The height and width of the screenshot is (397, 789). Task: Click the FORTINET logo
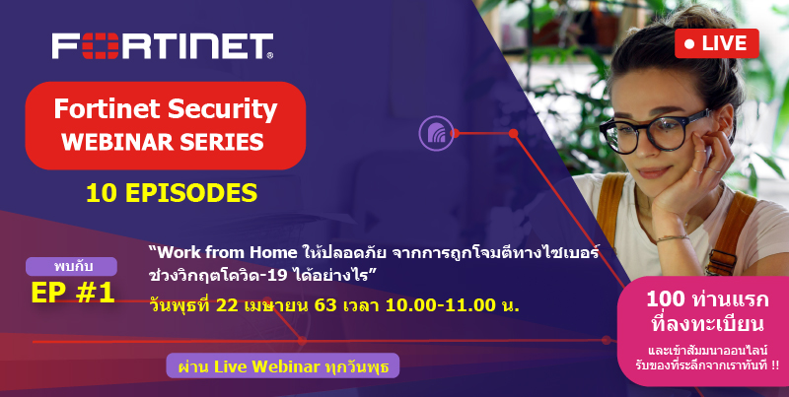click(163, 45)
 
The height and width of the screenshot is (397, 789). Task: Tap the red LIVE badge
click(717, 43)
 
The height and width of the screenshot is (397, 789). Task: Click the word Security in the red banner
click(223, 109)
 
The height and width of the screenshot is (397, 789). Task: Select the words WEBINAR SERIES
click(163, 142)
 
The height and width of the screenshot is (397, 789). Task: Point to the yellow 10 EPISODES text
click(172, 193)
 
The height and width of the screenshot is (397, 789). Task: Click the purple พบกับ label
click(71, 266)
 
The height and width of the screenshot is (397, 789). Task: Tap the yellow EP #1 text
click(73, 293)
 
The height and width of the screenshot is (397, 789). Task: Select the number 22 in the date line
click(227, 305)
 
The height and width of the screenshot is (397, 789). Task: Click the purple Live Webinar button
click(283, 365)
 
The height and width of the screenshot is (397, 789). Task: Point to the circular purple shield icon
click(436, 133)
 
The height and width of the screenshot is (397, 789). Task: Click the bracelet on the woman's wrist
click(672, 237)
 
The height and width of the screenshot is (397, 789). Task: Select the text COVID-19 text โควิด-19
click(252, 275)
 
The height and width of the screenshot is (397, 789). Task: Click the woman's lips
click(654, 171)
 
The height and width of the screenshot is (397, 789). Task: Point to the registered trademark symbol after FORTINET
click(270, 56)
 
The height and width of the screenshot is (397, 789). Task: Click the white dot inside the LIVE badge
click(689, 44)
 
